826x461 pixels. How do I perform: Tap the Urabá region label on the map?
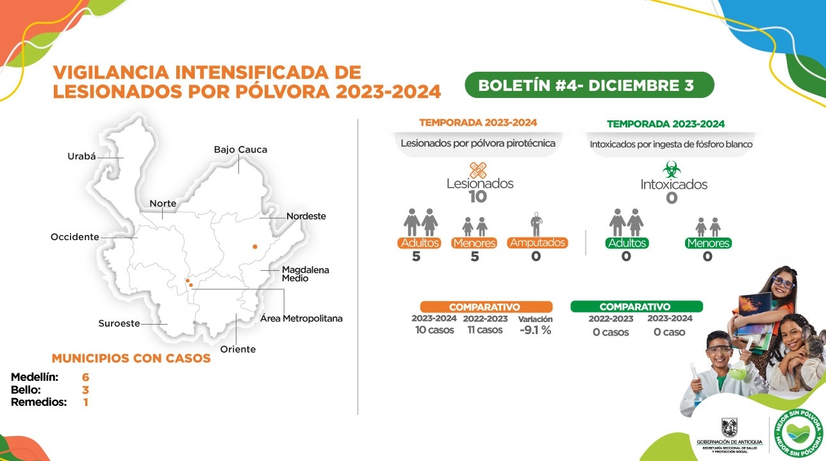[x=81, y=156]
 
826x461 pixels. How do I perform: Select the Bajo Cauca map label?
[x=240, y=150]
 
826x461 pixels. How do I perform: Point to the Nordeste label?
[x=306, y=216]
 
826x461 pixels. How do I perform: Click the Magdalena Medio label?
[x=305, y=274]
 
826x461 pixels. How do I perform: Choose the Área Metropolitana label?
[x=301, y=319]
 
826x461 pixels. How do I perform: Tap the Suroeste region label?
[x=119, y=323]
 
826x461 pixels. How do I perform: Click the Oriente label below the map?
[x=238, y=349]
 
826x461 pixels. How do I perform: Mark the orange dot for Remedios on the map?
[x=255, y=246]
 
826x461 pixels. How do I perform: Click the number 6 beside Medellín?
[x=85, y=377]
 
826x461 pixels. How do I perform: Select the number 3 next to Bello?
[x=85, y=390]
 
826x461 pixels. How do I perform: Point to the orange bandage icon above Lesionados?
[x=478, y=170]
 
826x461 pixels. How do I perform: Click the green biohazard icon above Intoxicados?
[x=672, y=170]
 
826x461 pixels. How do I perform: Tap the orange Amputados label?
[x=537, y=243]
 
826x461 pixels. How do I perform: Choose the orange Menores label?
[x=474, y=243]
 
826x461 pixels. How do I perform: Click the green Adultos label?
[x=627, y=243]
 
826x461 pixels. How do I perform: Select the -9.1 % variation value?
[x=535, y=330]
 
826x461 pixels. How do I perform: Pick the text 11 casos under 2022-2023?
[x=485, y=330]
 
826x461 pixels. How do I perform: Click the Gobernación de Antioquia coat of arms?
[x=729, y=427]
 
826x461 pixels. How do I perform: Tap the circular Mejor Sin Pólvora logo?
[x=799, y=434]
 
